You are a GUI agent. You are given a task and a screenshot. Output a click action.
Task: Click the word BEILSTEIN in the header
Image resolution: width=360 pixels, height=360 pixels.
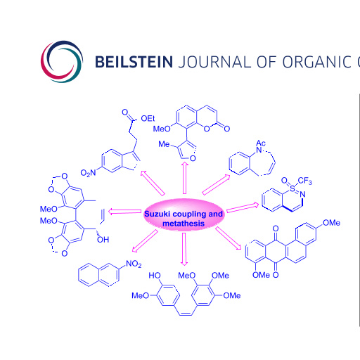coord(134,62)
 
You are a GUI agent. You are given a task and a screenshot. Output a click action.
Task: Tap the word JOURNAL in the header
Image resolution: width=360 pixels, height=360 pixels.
coord(214,62)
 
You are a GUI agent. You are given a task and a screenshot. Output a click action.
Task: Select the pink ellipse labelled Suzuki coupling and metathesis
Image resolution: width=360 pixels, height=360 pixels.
coord(184,214)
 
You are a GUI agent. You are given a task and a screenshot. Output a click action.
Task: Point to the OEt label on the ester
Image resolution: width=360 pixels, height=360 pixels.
coord(148,119)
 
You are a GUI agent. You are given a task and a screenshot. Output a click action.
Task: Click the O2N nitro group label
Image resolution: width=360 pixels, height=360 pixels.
coord(88,173)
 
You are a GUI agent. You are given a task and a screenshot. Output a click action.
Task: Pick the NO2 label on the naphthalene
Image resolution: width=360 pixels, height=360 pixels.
coord(134,264)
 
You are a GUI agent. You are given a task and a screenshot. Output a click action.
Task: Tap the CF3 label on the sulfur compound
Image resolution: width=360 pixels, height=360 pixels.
coord(305,181)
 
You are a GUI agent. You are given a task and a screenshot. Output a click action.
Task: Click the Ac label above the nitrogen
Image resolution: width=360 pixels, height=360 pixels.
coord(261,143)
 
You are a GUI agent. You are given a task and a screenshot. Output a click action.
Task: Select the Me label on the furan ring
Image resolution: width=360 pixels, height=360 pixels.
coord(164,144)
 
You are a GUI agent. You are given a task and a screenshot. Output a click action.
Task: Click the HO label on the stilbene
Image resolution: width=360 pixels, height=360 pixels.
coord(155,276)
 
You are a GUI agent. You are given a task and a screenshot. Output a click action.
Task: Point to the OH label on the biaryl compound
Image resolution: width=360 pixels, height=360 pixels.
coord(103,240)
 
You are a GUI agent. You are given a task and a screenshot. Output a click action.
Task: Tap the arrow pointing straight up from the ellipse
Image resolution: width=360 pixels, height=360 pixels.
coord(185,178)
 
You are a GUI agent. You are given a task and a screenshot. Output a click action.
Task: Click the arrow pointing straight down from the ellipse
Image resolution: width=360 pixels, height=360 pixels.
coord(184,249)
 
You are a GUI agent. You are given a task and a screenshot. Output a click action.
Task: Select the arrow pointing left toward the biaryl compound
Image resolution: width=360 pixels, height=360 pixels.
coord(124,212)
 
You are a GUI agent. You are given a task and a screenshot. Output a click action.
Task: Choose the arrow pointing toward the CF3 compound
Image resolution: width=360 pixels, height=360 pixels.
coord(243,207)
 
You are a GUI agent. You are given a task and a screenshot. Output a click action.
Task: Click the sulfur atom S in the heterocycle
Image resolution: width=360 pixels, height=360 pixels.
coord(292,188)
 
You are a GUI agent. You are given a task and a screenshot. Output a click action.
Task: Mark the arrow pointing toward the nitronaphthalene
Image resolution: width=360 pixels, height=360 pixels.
coord(145,241)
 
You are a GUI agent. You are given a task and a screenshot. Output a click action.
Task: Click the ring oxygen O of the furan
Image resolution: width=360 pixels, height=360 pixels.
coord(193,158)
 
